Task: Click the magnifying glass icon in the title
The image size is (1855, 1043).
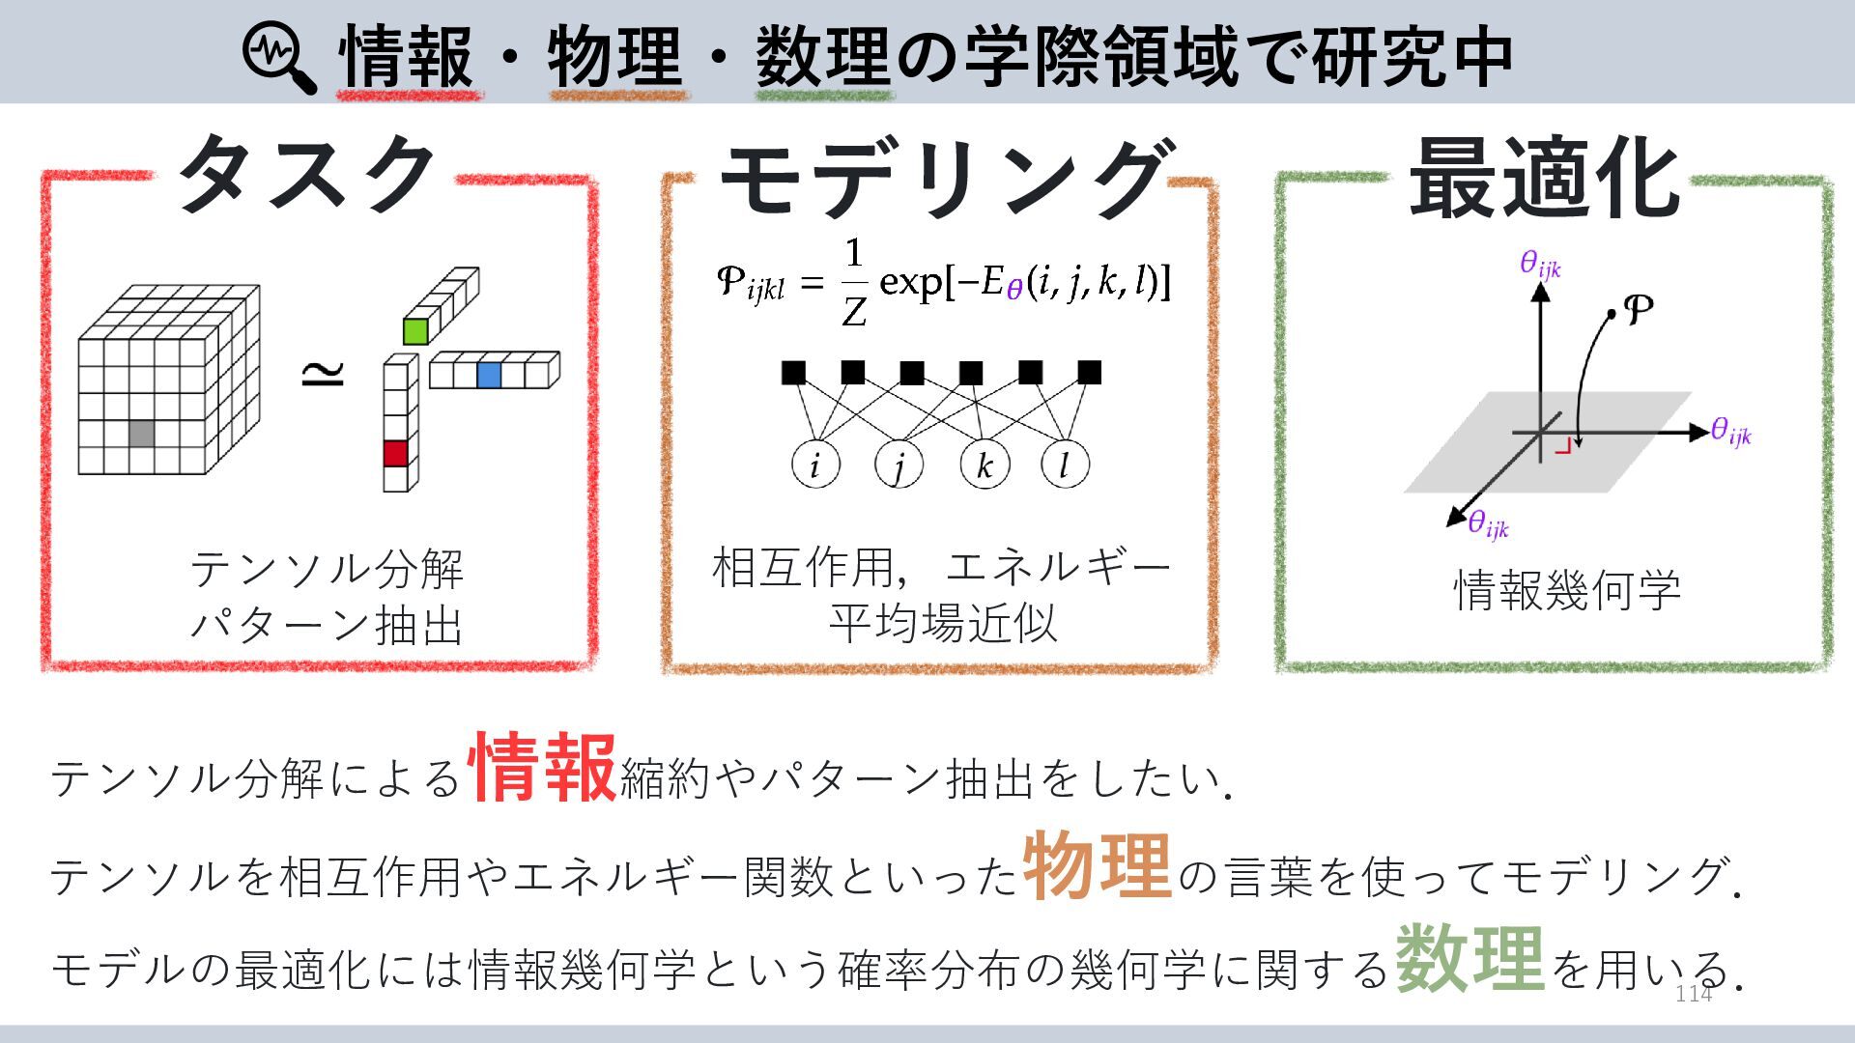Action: pyautogui.click(x=278, y=57)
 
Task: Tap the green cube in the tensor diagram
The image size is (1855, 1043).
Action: pyautogui.click(x=415, y=331)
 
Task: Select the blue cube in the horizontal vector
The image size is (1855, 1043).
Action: pyautogui.click(x=489, y=375)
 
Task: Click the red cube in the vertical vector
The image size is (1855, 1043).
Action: pyautogui.click(x=395, y=453)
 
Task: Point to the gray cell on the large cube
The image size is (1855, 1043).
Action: pyautogui.click(x=142, y=433)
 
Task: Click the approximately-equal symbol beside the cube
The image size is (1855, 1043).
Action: pyautogui.click(x=323, y=373)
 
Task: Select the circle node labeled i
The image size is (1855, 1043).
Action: pyautogui.click(x=815, y=465)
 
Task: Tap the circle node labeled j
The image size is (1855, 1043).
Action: pyautogui.click(x=899, y=465)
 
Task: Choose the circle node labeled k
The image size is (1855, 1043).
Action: pyautogui.click(x=985, y=465)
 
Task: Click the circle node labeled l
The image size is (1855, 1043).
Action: pyautogui.click(x=1066, y=465)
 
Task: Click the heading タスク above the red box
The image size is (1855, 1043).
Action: pyautogui.click(x=305, y=175)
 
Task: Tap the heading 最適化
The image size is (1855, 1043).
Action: pyautogui.click(x=1543, y=180)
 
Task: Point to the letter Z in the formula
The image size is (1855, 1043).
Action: pyautogui.click(x=854, y=311)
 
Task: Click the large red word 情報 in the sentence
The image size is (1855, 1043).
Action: pyautogui.click(x=542, y=768)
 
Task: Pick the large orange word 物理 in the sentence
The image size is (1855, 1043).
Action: pyautogui.click(x=1097, y=866)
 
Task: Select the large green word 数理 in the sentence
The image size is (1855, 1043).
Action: pyautogui.click(x=1469, y=958)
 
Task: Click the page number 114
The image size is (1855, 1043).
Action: pyautogui.click(x=1693, y=994)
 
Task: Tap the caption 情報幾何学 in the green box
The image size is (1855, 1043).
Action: pyautogui.click(x=1567, y=590)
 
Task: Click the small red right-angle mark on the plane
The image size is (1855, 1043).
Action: pyautogui.click(x=1563, y=447)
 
